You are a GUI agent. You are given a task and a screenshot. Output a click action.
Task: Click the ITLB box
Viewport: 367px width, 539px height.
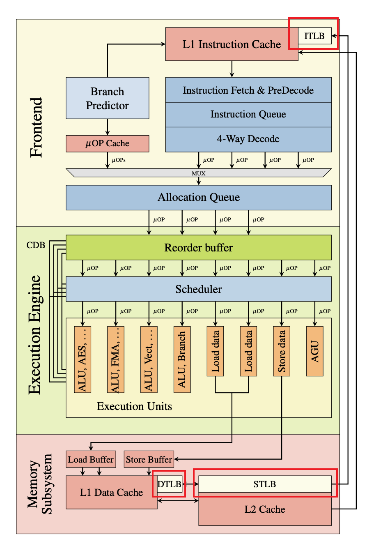tap(314, 36)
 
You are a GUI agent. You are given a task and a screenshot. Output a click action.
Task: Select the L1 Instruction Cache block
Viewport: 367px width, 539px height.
tap(232, 44)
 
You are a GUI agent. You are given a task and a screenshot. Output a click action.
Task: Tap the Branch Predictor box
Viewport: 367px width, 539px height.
tap(107, 98)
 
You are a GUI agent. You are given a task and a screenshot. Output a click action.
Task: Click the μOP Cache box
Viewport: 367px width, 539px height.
tap(107, 143)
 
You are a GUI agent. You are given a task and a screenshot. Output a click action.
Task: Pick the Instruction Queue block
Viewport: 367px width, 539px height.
tap(248, 115)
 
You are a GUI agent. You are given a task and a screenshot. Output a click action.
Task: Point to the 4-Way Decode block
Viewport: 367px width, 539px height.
tap(248, 139)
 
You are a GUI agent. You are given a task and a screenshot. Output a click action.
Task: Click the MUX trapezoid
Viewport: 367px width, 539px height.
tap(199, 173)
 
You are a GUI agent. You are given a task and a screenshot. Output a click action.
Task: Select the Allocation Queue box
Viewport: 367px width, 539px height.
tap(199, 198)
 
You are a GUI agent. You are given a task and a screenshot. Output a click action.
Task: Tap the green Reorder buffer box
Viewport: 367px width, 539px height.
tap(199, 247)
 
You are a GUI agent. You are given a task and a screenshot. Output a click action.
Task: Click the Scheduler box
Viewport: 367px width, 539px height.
tap(199, 289)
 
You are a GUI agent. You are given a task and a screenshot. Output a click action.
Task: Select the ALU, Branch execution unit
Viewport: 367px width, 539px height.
tap(182, 359)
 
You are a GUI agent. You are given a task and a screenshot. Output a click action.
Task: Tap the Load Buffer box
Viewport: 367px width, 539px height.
tap(91, 459)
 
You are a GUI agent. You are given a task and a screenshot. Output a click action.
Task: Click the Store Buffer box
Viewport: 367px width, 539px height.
tap(149, 459)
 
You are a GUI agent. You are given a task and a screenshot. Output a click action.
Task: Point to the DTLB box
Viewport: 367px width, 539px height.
tap(169, 484)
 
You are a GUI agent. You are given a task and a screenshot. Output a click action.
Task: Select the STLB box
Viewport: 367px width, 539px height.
tap(265, 484)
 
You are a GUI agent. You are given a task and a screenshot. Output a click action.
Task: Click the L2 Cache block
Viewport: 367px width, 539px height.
tap(265, 509)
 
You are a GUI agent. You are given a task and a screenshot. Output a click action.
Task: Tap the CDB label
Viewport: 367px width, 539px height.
tap(36, 245)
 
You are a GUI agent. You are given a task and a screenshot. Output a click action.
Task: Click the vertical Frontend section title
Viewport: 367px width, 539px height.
tap(37, 127)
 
